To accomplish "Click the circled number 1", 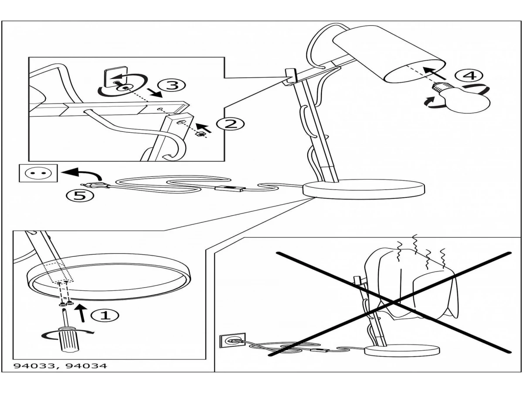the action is pos(105,315).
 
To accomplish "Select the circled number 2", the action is pos(231,124).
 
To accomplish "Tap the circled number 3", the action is pos(171,85).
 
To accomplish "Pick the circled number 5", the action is pos(80,196).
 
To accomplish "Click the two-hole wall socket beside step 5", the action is pos(38,173).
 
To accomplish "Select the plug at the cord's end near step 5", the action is pos(95,184).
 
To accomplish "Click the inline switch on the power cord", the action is pos(229,188).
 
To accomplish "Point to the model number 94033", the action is pos(34,366).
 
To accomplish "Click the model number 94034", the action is pos(86,366).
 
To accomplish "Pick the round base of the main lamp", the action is pos(363,190).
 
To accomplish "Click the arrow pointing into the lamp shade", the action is pos(434,73).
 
